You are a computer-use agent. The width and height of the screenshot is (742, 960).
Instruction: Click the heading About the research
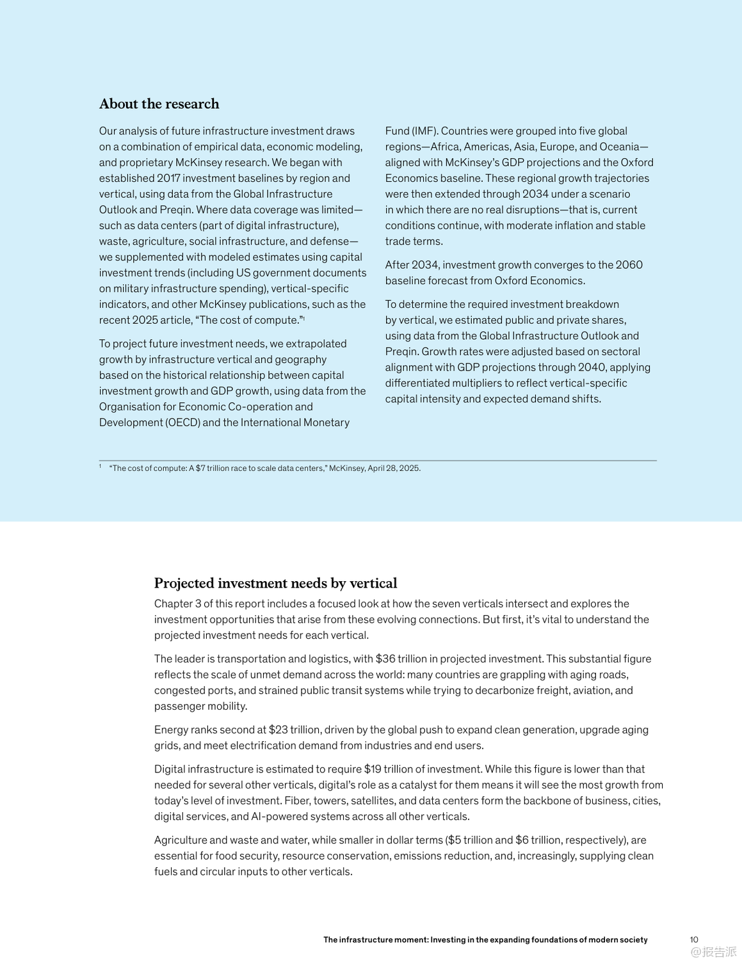[159, 104]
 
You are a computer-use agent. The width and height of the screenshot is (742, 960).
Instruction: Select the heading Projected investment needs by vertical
[275, 583]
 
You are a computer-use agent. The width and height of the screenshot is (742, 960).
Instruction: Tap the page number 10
[694, 940]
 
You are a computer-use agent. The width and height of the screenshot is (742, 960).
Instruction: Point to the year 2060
[629, 264]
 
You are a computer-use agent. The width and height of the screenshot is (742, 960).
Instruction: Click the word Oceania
[619, 147]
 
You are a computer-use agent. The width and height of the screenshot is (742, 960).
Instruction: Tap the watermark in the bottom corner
[713, 952]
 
